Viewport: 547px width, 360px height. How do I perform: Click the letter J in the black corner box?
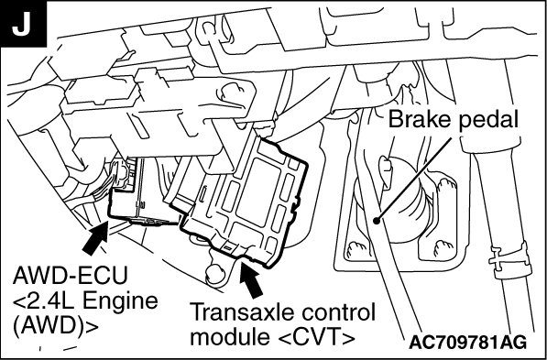click(x=21, y=24)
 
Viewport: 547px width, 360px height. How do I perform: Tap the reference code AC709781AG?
click(x=468, y=343)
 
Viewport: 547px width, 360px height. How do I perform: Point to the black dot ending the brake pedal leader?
click(x=376, y=221)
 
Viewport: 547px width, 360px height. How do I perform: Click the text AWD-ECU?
click(x=71, y=276)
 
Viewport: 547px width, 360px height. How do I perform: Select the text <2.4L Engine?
click(x=85, y=301)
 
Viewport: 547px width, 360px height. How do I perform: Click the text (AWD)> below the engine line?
click(x=55, y=326)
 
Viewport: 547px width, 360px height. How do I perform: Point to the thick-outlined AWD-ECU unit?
click(x=143, y=191)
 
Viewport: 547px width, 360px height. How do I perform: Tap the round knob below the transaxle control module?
click(x=216, y=273)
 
